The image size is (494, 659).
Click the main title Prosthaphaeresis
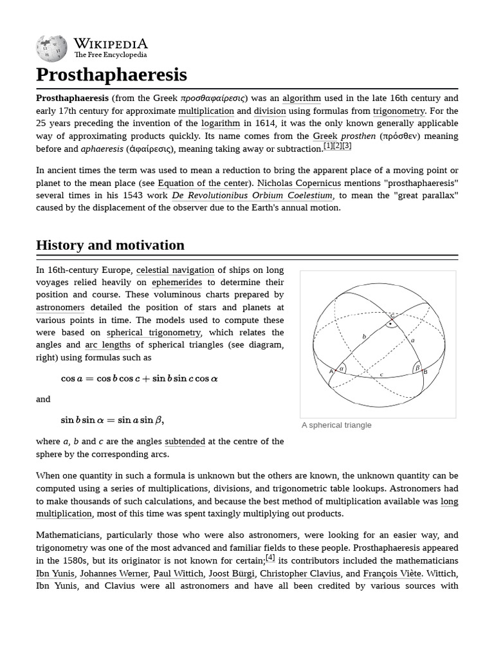pos(111,75)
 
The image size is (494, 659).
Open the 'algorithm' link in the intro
pos(301,98)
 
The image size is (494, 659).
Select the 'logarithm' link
pos(221,124)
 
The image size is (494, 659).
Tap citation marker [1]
pos(328,146)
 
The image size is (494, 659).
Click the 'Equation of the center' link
pos(203,183)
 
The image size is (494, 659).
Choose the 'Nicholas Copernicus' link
pos(299,183)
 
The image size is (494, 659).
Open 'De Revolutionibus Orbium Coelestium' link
pos(252,196)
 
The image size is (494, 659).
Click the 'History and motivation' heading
pos(110,245)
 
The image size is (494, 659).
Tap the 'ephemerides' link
pos(177,283)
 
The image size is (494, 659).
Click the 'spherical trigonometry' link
pos(154,333)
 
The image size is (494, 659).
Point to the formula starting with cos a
pos(139,378)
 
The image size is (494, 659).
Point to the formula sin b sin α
pos(112,420)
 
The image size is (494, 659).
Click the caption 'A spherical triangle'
pos(336,425)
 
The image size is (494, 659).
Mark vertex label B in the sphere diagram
pos(425,372)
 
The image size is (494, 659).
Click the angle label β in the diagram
pos(417,368)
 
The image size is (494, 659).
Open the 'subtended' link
pos(185,441)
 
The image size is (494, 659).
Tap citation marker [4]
pos(270,558)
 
